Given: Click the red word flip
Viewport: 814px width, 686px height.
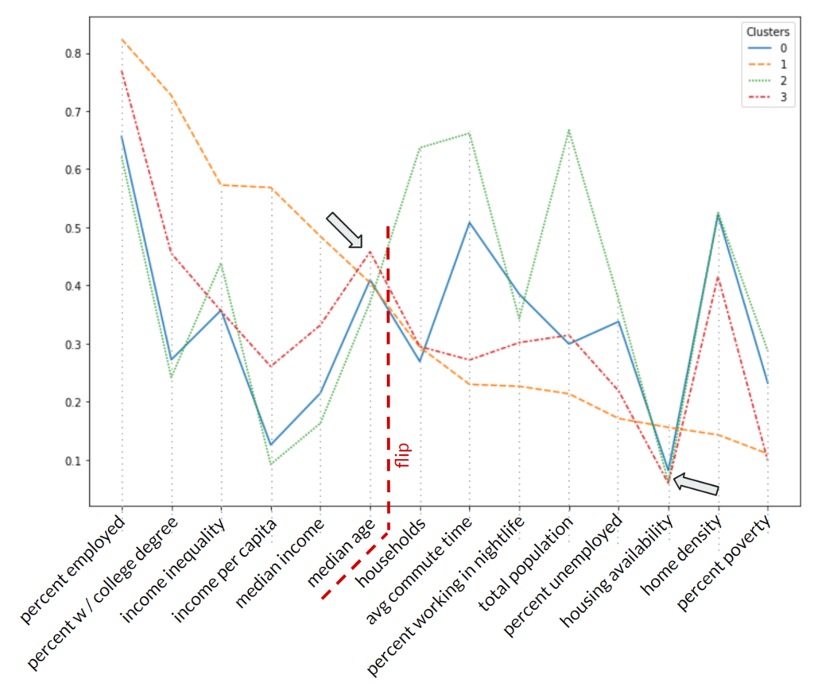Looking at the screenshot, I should click(405, 456).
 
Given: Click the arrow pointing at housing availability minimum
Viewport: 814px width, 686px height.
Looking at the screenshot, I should click(696, 484).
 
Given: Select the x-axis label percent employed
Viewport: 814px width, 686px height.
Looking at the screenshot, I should click(73, 567).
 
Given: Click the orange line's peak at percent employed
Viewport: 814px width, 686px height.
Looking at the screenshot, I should click(122, 39).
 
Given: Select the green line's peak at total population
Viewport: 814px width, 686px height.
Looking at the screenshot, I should click(569, 130).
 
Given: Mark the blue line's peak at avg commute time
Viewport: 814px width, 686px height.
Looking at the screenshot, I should click(469, 222).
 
